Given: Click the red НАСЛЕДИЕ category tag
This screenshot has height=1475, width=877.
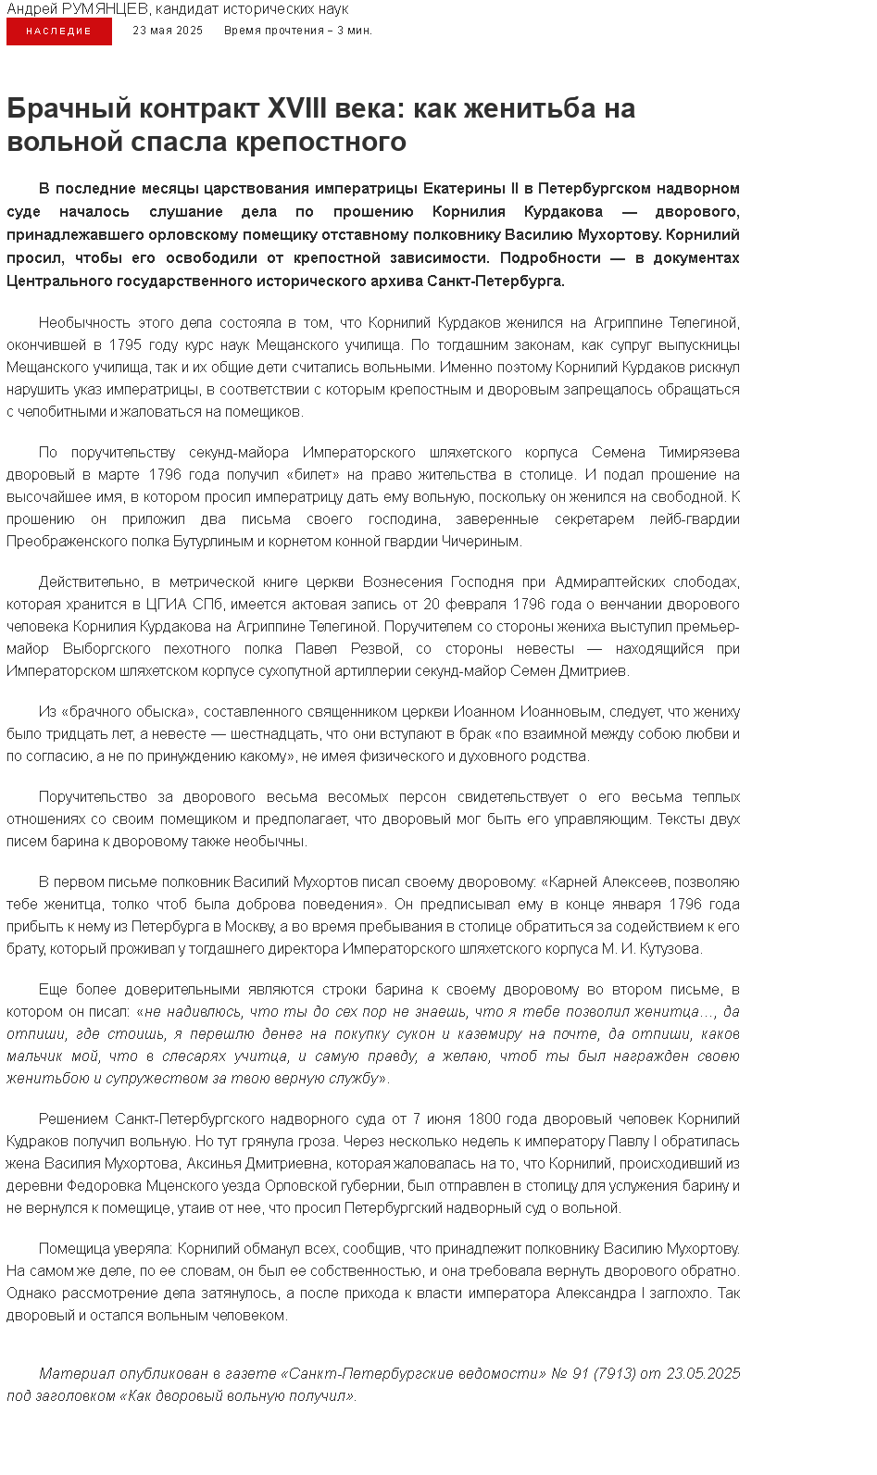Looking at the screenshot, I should pyautogui.click(x=59, y=31).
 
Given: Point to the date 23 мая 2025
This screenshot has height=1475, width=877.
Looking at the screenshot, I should pyautogui.click(x=168, y=31).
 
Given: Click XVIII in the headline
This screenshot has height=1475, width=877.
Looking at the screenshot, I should pyautogui.click(x=296, y=108).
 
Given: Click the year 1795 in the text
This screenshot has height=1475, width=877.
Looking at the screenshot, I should pyautogui.click(x=125, y=345).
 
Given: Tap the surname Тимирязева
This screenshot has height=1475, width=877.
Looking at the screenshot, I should pyautogui.click(x=699, y=453).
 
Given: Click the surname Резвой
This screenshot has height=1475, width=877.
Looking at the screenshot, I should pyautogui.click(x=375, y=649).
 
